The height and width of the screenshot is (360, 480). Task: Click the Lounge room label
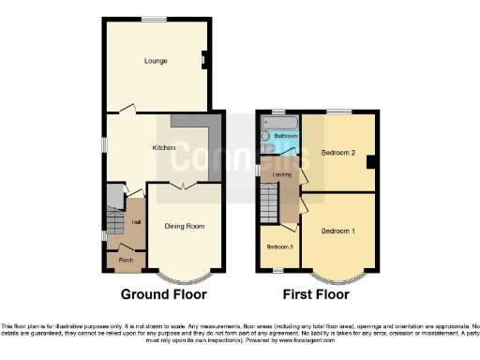156,62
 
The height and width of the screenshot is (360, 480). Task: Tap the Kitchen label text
165,147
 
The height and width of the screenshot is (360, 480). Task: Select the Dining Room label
186,226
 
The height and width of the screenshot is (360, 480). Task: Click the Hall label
136,222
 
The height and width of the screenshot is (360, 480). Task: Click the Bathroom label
286,137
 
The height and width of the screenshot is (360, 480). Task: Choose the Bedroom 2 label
338,152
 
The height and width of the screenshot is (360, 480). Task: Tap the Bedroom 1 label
338,231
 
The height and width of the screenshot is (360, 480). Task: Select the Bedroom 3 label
278,247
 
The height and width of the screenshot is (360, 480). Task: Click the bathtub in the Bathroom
278,122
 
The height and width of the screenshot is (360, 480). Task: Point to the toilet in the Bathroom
265,147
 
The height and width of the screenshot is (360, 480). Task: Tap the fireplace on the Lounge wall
203,62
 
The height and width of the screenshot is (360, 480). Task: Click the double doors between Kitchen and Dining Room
184,185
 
